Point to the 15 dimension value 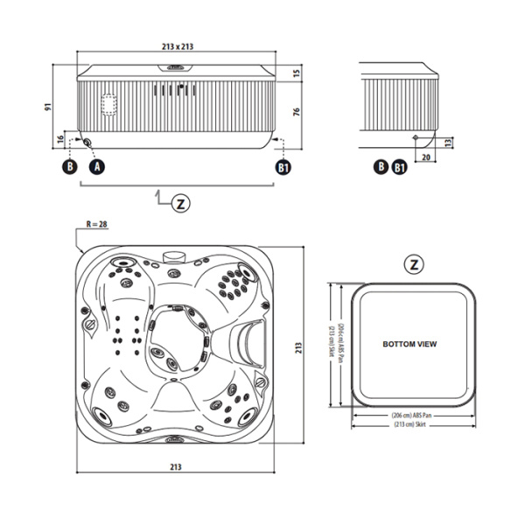click(x=297, y=73)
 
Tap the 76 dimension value click(x=297, y=111)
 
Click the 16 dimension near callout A click(x=59, y=139)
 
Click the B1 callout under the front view click(x=282, y=165)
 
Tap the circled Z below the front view click(x=179, y=203)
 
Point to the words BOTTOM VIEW click(x=409, y=345)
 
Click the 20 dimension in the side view click(x=425, y=157)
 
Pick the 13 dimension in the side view click(x=448, y=141)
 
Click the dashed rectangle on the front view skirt click(x=109, y=104)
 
